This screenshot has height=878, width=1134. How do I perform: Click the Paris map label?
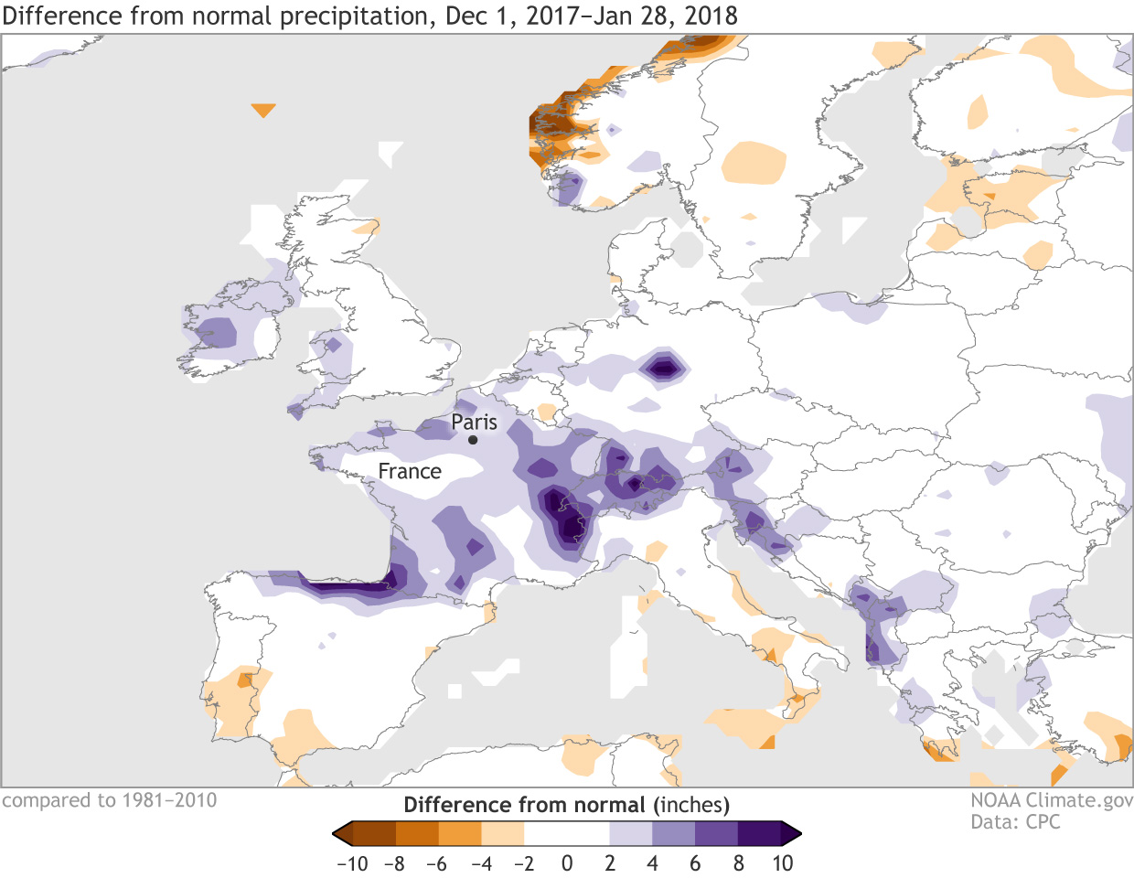click(474, 423)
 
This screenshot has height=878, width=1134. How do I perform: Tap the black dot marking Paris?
click(473, 440)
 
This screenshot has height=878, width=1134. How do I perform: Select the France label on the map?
click(410, 472)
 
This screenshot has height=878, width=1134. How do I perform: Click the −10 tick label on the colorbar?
click(352, 864)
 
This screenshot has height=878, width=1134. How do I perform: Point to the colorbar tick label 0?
click(567, 864)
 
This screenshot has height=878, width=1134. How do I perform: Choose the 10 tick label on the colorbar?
click(782, 864)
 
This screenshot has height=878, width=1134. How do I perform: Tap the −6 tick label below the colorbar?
click(437, 864)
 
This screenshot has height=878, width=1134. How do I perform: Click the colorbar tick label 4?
click(652, 864)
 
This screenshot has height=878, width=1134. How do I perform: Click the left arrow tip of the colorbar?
click(336, 833)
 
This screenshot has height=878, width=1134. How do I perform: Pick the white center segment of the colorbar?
click(567, 833)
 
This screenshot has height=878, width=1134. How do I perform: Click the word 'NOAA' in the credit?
click(995, 800)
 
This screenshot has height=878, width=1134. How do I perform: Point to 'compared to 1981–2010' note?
click(110, 800)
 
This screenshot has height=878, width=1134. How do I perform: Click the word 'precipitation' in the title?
click(356, 16)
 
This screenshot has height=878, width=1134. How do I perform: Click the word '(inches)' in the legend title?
click(691, 805)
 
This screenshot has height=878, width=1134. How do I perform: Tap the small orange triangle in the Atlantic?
click(262, 110)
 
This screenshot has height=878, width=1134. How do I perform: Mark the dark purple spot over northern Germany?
click(663, 369)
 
